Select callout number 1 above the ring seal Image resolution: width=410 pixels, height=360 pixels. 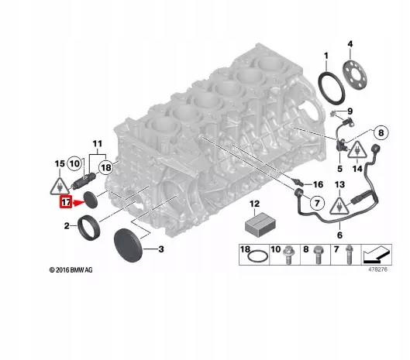(x=326, y=56)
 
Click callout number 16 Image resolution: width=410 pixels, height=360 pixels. (x=316, y=185)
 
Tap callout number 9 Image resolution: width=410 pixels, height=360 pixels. (x=350, y=111)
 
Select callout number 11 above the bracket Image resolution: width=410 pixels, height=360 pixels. (x=98, y=144)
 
